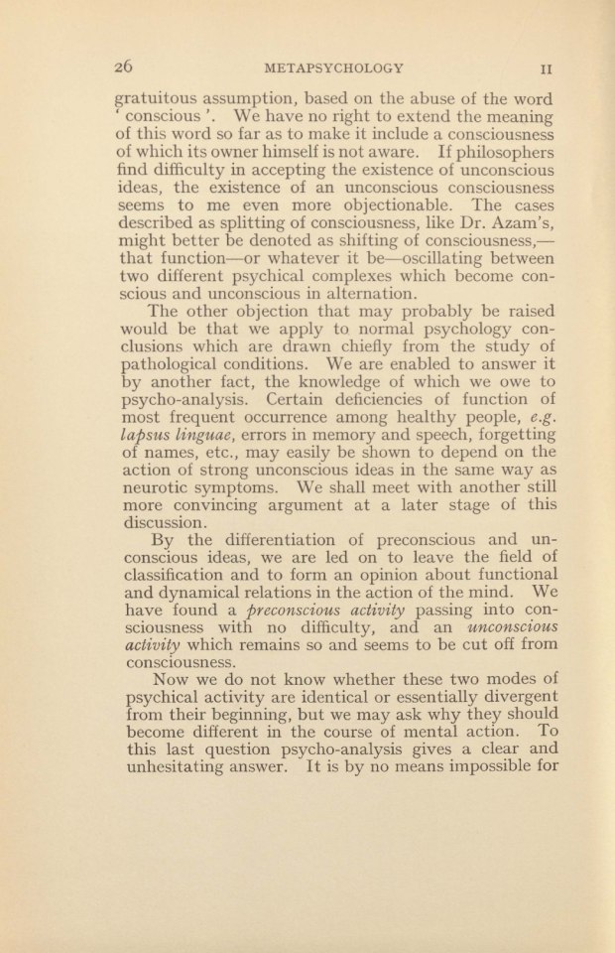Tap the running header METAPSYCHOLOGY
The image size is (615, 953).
click(x=332, y=69)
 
